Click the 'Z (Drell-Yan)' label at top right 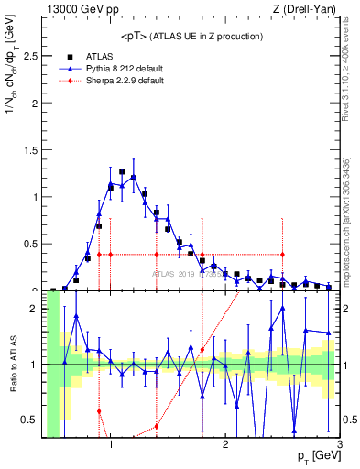pos(307,8)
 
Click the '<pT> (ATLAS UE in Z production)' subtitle pos(191,36)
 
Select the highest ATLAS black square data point pos(122,171)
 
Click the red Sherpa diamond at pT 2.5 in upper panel pos(282,255)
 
